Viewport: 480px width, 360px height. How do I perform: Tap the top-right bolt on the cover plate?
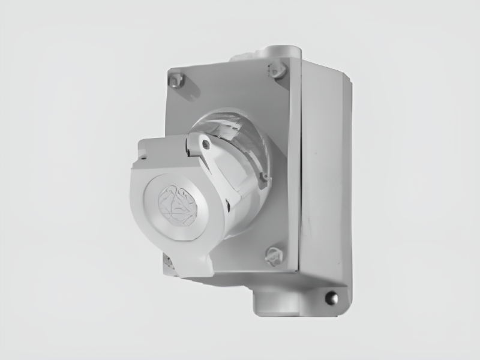point(277,70)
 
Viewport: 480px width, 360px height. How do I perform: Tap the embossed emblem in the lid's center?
point(176,205)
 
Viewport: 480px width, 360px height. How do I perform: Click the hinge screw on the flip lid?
point(206,144)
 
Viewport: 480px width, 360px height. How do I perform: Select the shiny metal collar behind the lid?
point(231,129)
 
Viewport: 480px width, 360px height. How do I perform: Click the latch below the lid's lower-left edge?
point(169,262)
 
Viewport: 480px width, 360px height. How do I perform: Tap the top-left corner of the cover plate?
point(169,70)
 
